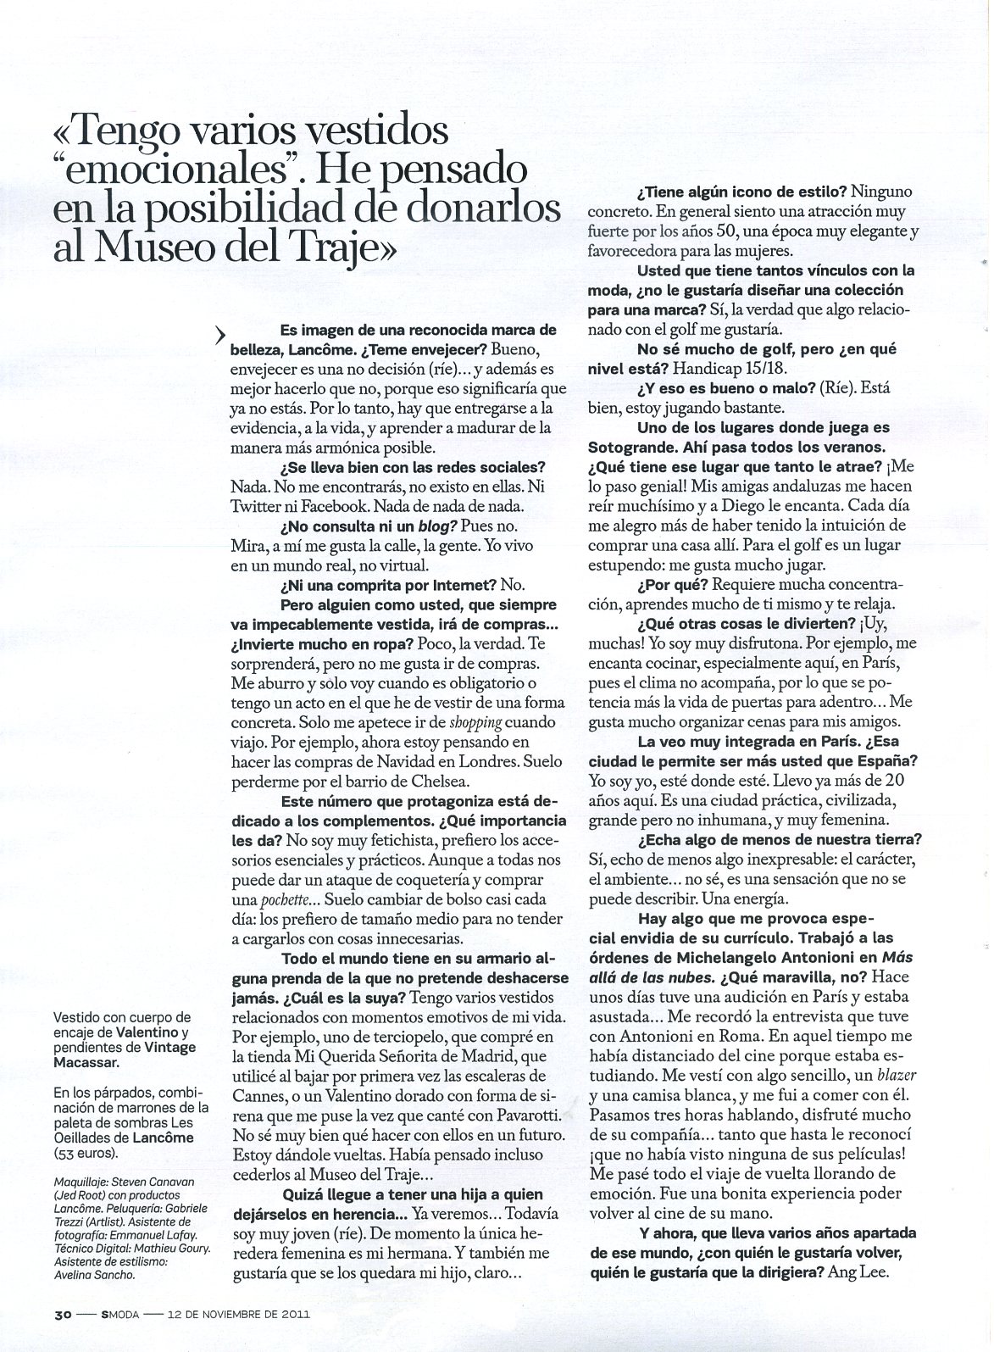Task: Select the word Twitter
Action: (x=258, y=504)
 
